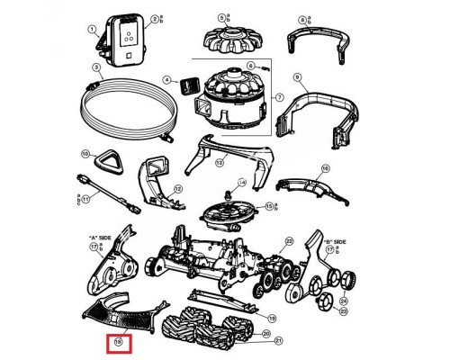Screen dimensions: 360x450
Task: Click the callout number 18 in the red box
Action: coord(119,342)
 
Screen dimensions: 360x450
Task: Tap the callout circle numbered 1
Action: coord(91,30)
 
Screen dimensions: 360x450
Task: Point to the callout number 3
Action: coord(94,68)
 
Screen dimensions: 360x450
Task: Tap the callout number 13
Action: coord(219,162)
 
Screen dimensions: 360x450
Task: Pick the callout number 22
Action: coord(289,241)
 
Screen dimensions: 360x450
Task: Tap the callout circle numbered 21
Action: coord(278,341)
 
